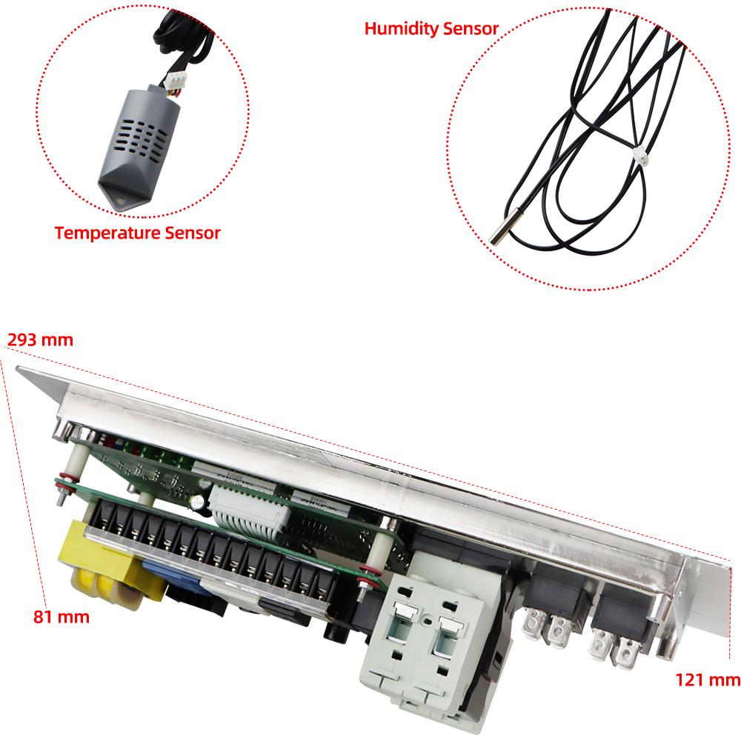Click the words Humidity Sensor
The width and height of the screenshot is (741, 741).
[x=431, y=29]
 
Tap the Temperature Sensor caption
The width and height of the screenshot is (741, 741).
[x=137, y=233]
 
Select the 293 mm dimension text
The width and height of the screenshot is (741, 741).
[x=40, y=340]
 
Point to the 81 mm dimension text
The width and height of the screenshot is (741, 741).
[x=61, y=616]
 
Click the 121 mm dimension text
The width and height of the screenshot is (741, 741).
[x=708, y=679]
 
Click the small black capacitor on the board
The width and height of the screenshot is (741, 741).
[x=199, y=502]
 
